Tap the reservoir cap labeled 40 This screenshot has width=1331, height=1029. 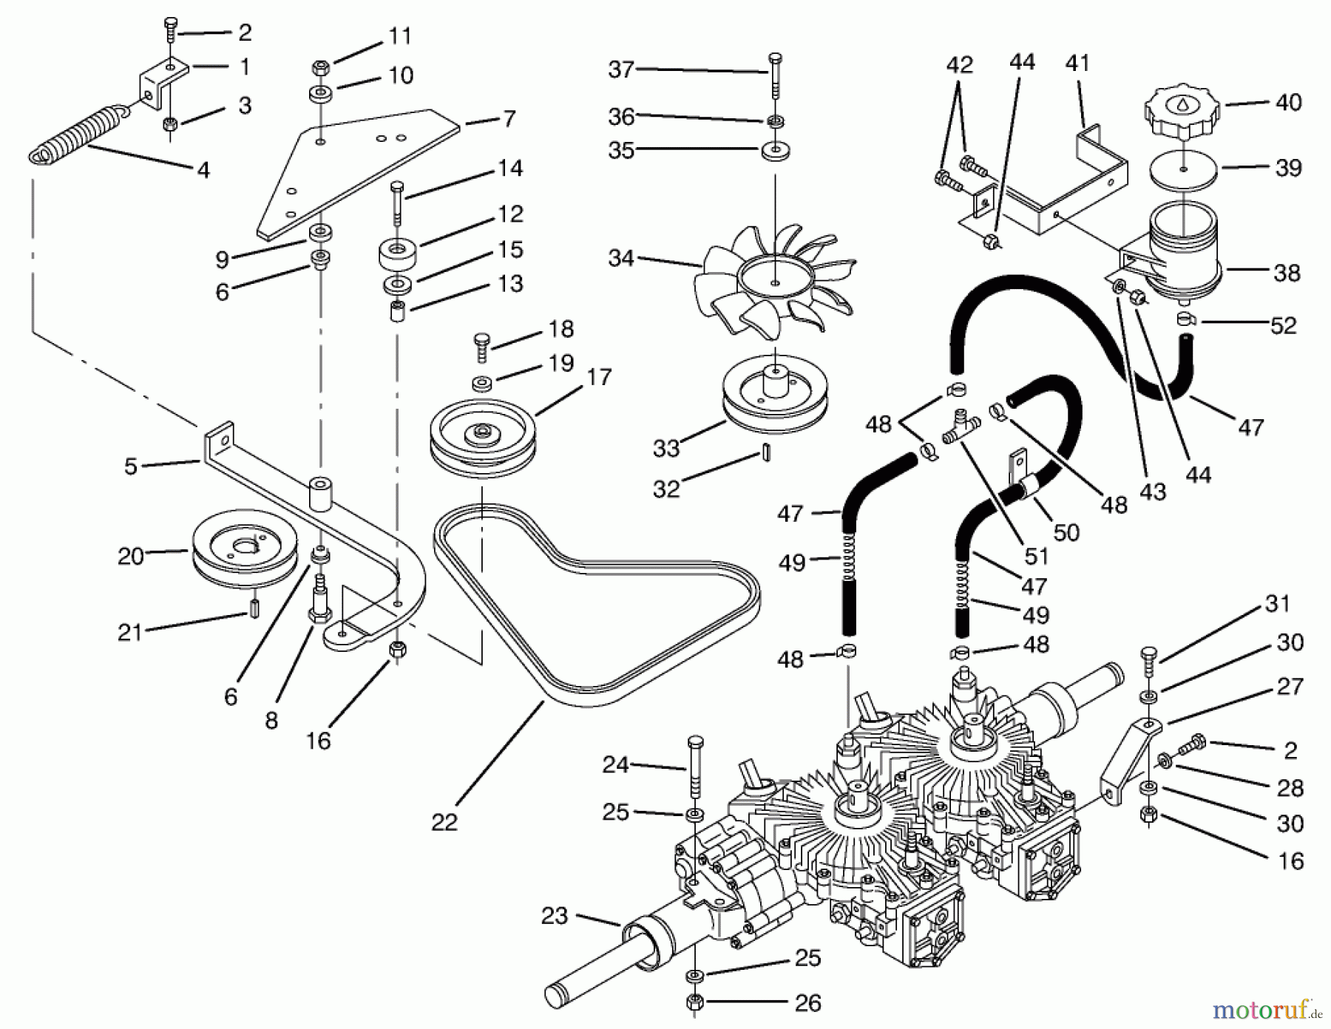click(1184, 114)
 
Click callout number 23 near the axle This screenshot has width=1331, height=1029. click(554, 916)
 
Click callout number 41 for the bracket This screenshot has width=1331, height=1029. click(1078, 64)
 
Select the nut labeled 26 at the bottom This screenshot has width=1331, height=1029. click(694, 1003)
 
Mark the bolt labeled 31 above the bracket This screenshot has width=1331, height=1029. click(1148, 661)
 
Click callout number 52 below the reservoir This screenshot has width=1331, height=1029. click(1283, 325)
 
